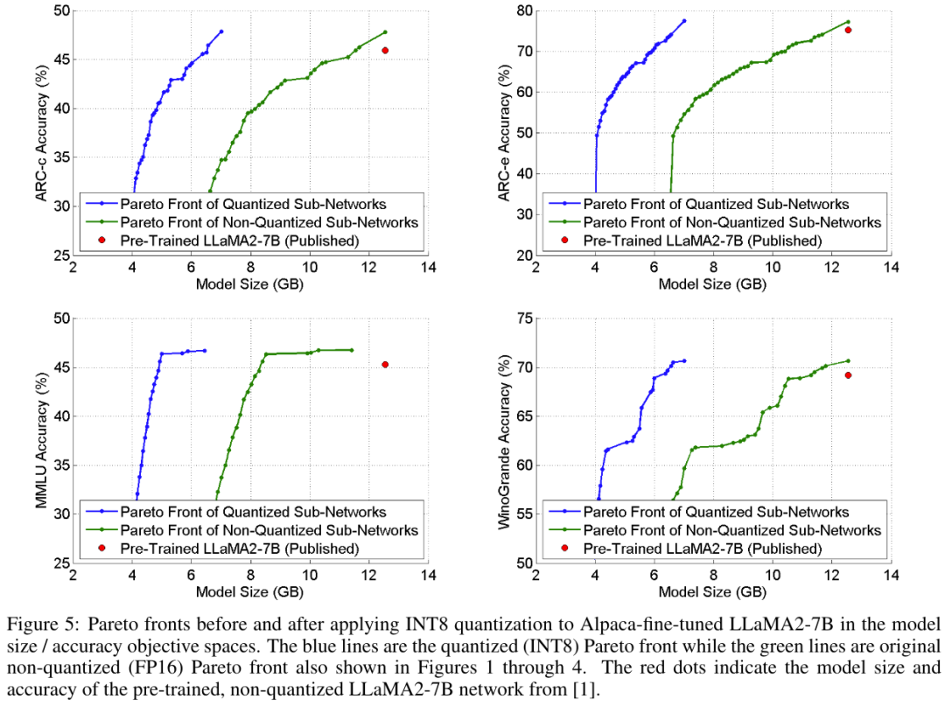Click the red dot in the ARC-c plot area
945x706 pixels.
coord(385,50)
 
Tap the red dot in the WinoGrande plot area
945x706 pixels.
coord(848,375)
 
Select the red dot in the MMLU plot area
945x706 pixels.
coord(385,365)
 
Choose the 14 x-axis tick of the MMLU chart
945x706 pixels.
coord(428,575)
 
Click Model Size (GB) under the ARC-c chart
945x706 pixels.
coord(250,283)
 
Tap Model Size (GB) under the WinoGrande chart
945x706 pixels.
coord(713,591)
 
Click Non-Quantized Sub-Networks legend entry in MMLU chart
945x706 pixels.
coord(269,530)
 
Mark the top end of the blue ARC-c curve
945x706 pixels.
coord(221,31)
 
